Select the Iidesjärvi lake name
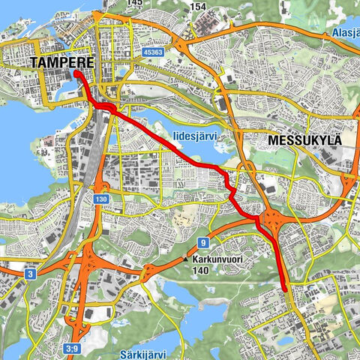click(x=194, y=136)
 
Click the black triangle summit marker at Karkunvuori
click(x=185, y=260)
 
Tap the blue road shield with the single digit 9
click(x=202, y=242)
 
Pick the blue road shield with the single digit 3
click(x=28, y=274)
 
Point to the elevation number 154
click(x=198, y=7)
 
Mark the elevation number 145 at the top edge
click(x=135, y=3)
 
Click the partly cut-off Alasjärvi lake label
click(x=345, y=34)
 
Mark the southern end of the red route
click(x=286, y=287)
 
